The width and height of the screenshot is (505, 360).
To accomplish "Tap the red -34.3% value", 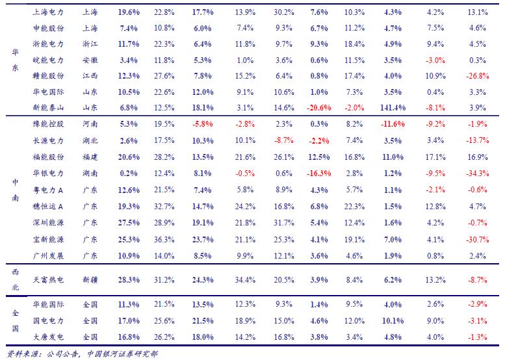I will click(x=477, y=174).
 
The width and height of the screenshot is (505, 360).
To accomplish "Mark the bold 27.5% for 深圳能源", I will click(x=129, y=223).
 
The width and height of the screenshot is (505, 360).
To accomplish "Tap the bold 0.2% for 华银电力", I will click(x=129, y=174).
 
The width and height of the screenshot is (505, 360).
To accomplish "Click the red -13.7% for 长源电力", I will click(x=477, y=140).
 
